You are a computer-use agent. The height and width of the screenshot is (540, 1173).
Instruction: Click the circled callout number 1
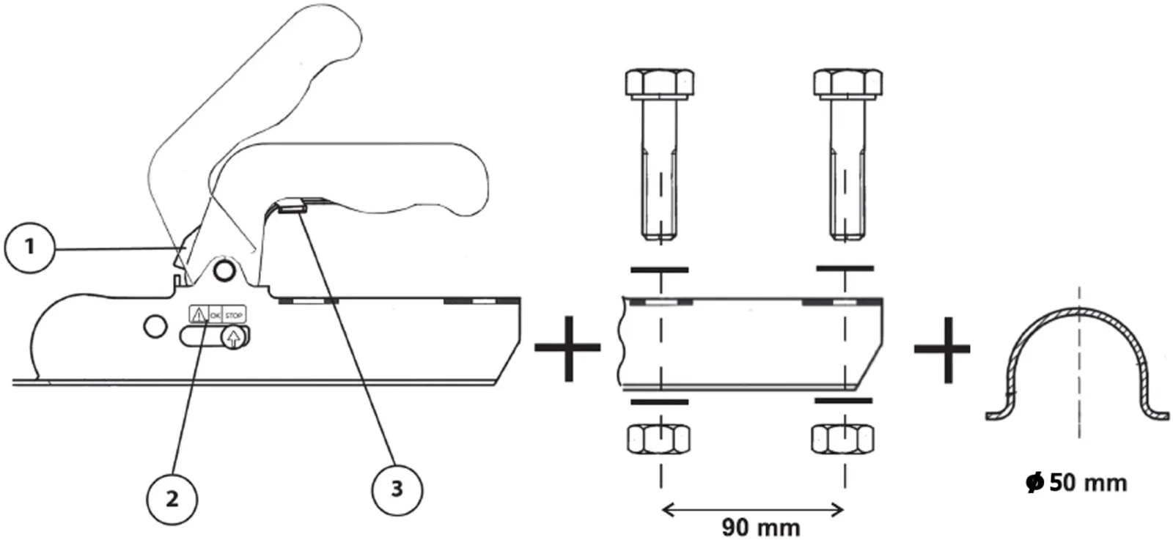(29, 248)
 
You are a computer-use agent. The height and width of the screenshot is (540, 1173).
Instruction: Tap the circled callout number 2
(172, 499)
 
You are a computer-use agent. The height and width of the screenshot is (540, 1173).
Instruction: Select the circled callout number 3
(397, 489)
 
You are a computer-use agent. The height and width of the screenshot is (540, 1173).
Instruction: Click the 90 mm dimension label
(761, 528)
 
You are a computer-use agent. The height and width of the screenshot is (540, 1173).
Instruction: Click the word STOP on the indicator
(234, 316)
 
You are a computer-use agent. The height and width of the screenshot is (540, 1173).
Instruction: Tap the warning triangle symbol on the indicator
(198, 314)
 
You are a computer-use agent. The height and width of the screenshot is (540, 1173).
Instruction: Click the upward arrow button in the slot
(233, 338)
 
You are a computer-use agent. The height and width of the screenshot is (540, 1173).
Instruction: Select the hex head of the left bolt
(660, 83)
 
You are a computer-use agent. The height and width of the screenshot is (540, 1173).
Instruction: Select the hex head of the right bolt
(847, 83)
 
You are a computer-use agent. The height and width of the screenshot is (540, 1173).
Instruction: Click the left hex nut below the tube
(659, 439)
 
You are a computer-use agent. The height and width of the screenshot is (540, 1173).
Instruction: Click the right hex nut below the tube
(842, 439)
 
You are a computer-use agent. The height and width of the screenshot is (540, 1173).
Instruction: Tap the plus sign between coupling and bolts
(567, 347)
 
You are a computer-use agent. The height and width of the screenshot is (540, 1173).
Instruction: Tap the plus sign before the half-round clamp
(942, 349)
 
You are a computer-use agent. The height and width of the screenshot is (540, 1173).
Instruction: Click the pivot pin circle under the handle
(224, 270)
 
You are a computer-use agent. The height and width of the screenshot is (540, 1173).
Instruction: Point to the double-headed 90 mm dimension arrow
(753, 509)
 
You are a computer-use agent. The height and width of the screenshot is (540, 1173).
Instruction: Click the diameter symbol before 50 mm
(1034, 482)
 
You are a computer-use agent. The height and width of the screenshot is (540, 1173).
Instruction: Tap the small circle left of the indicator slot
(155, 327)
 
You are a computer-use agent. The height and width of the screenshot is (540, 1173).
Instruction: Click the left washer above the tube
(659, 270)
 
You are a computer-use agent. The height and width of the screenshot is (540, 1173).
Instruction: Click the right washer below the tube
(844, 401)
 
